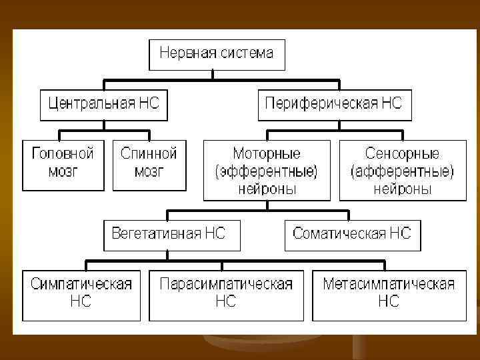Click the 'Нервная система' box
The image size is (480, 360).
pyautogui.click(x=217, y=55)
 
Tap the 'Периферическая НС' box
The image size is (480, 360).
pyautogui.click(x=333, y=104)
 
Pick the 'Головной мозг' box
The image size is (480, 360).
pyautogui.click(x=63, y=164)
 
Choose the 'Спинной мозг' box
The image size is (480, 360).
pyautogui.click(x=149, y=164)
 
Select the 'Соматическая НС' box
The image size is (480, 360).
pyautogui.click(x=352, y=235)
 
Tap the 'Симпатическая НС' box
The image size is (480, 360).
pyautogui.click(x=81, y=293)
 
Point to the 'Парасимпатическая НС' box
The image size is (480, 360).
pyautogui.click(x=226, y=293)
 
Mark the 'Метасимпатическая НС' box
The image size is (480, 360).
pyautogui.click(x=389, y=293)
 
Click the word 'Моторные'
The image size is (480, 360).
pyautogui.click(x=267, y=154)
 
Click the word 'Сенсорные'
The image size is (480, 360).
pyautogui.click(x=402, y=154)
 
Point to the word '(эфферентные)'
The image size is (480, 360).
pyautogui.click(x=267, y=171)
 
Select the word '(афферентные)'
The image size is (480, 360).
pyautogui.click(x=402, y=171)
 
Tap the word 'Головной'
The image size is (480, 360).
pyautogui.click(x=63, y=154)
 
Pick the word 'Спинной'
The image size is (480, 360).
pyautogui.click(x=149, y=154)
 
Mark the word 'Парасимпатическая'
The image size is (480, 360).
pyautogui.click(x=226, y=285)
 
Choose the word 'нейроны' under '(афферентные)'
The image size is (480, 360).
pyautogui.click(x=402, y=189)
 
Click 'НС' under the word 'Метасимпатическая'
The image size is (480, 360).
pyautogui.click(x=389, y=302)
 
